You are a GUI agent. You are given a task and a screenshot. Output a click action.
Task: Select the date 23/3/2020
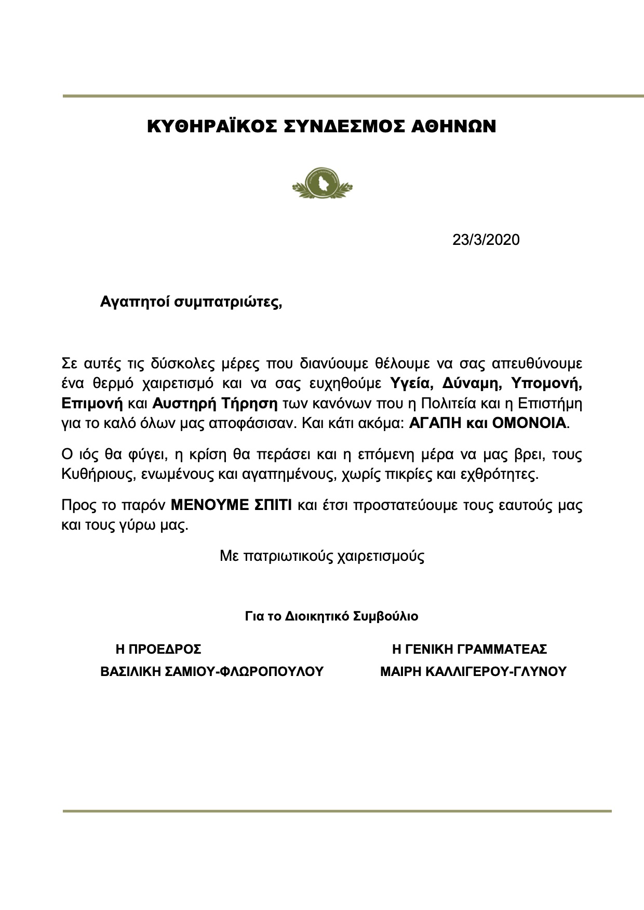(x=486, y=240)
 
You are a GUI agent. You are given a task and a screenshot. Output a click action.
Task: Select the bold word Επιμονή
(x=92, y=403)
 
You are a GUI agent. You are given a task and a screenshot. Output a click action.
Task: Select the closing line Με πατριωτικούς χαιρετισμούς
(x=322, y=557)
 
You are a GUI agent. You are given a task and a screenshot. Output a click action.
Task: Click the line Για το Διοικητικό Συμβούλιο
(x=331, y=617)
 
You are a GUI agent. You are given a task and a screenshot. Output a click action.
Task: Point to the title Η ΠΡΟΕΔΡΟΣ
(x=158, y=650)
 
